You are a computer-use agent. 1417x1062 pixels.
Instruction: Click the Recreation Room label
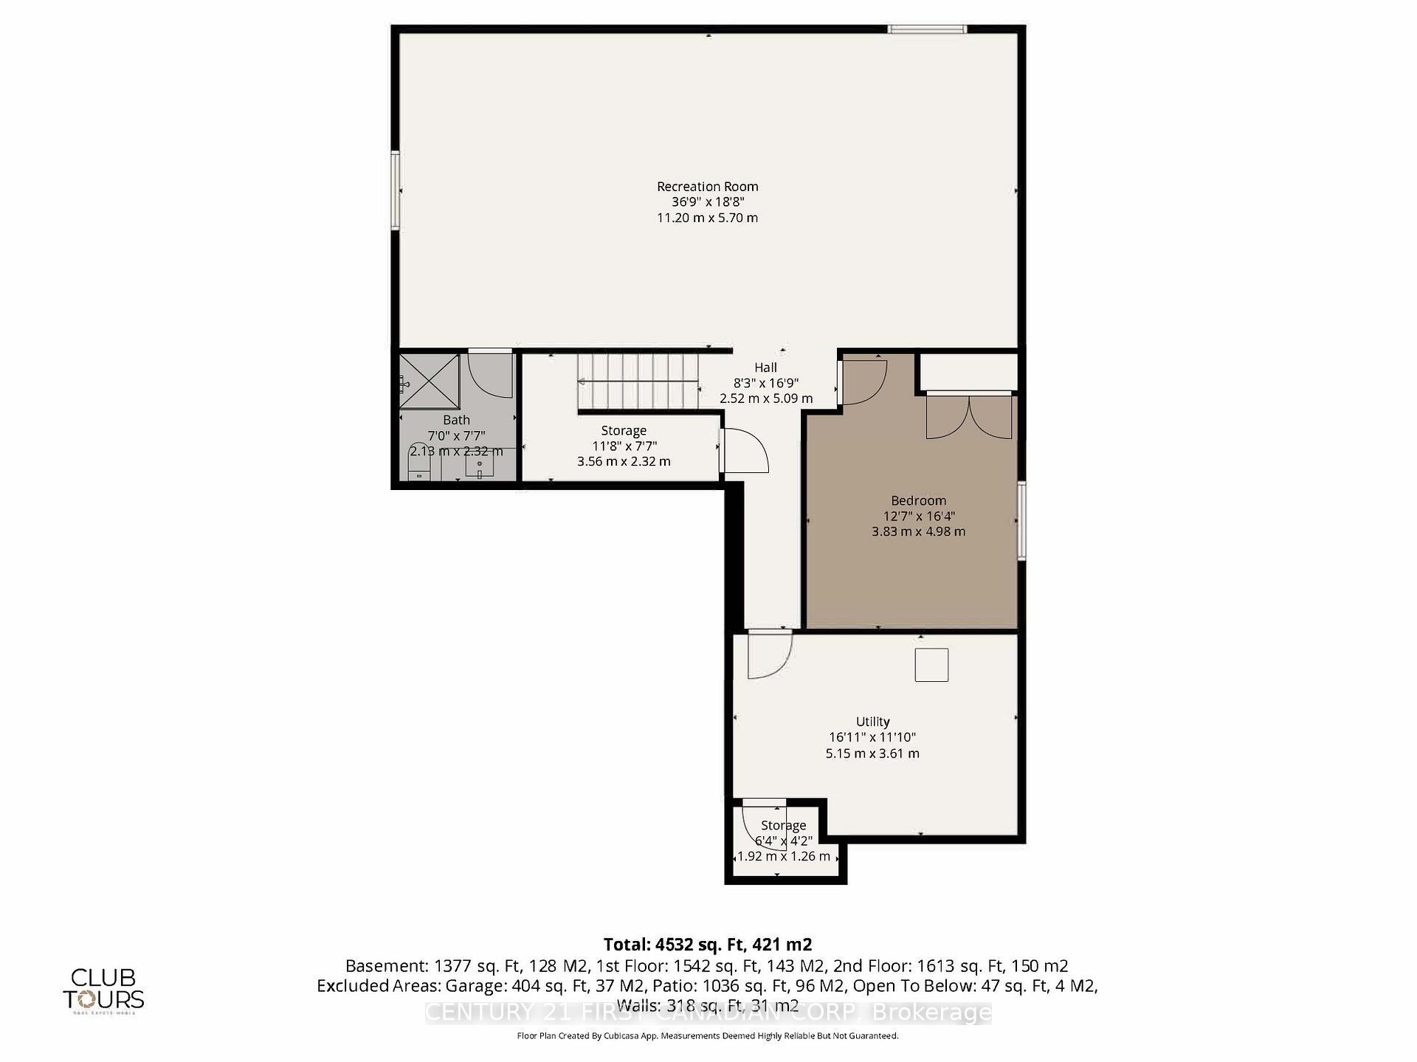point(707,187)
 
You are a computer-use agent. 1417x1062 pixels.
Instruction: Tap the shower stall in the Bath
point(430,381)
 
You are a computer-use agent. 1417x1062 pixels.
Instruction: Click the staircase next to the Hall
point(638,382)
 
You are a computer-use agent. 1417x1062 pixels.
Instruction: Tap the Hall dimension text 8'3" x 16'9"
point(765,383)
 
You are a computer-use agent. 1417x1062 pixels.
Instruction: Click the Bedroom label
point(918,500)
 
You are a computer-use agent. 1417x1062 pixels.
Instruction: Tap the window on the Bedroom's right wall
point(1021,520)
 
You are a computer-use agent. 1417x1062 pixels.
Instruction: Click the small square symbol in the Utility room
point(931,665)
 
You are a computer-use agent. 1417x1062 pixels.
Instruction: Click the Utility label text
point(872,721)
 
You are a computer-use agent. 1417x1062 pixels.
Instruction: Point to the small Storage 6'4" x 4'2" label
point(783,826)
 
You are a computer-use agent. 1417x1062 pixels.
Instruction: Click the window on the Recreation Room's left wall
point(396,190)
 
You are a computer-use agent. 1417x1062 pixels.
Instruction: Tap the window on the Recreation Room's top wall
point(926,30)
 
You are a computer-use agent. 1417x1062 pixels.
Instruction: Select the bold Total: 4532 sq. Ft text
point(707,944)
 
